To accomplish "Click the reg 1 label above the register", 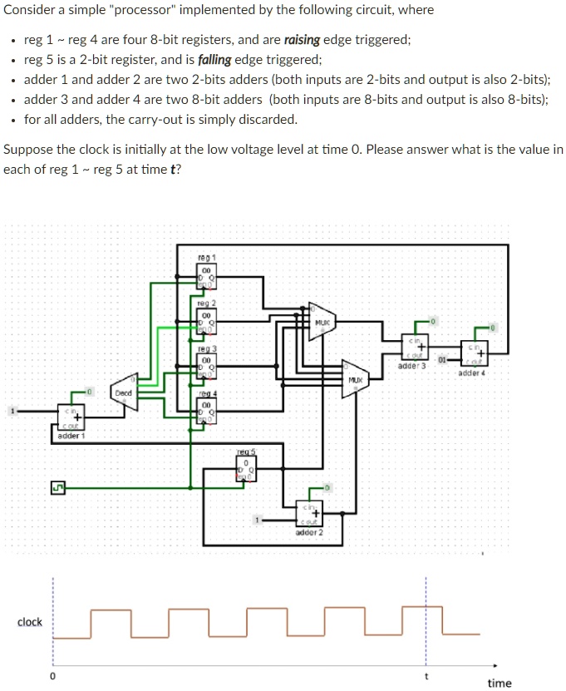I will (x=207, y=258).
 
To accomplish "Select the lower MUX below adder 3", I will (x=355, y=382).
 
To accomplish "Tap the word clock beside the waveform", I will (x=30, y=622).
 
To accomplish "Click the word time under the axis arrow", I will (x=499, y=683).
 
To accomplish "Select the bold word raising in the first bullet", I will (x=303, y=40).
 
